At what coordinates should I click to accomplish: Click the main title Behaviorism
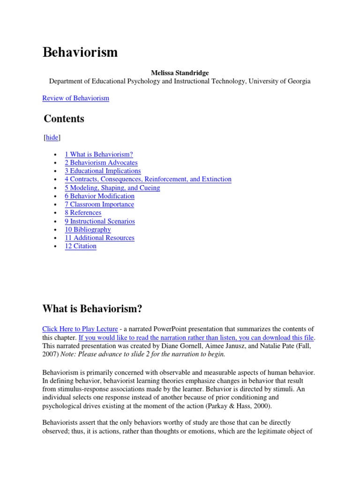tap(80, 52)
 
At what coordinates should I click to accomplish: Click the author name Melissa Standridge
tap(180, 73)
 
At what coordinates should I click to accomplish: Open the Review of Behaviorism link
tap(75, 98)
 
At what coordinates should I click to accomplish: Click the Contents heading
tap(64, 119)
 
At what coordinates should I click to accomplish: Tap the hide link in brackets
tap(52, 137)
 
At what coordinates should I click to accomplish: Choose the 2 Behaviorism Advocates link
tap(101, 163)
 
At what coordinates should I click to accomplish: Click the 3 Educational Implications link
tap(103, 171)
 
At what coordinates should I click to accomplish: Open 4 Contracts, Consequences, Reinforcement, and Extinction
tap(148, 179)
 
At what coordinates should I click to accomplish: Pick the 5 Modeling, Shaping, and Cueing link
tap(112, 187)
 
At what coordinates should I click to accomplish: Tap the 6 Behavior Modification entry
tap(99, 196)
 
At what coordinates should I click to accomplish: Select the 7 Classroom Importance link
tap(99, 204)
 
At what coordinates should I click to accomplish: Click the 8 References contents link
tap(83, 212)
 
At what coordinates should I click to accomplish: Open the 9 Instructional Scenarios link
tap(100, 221)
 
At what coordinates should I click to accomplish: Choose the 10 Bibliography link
tap(88, 229)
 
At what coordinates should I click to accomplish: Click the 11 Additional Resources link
tap(99, 238)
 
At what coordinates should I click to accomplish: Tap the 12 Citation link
tap(81, 246)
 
